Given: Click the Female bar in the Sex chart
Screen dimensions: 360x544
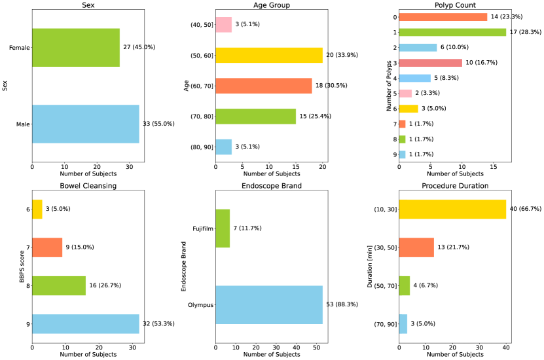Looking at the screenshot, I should pyautogui.click(x=75, y=47).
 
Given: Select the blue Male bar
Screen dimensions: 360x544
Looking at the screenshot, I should pyautogui.click(x=85, y=124).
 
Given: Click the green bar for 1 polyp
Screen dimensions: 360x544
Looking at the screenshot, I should pyautogui.click(x=452, y=32).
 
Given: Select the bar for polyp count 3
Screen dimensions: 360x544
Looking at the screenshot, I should pyautogui.click(x=430, y=63).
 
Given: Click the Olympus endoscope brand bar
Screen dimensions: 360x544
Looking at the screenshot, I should pyautogui.click(x=268, y=304).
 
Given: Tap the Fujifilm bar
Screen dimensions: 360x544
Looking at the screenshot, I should pyautogui.click(x=222, y=228).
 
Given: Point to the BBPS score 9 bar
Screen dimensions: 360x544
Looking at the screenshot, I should pyautogui.click(x=85, y=324).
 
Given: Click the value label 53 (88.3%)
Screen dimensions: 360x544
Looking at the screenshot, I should pyautogui.click(x=348, y=304).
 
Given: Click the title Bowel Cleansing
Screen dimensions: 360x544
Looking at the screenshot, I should pyautogui.click(x=88, y=186).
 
